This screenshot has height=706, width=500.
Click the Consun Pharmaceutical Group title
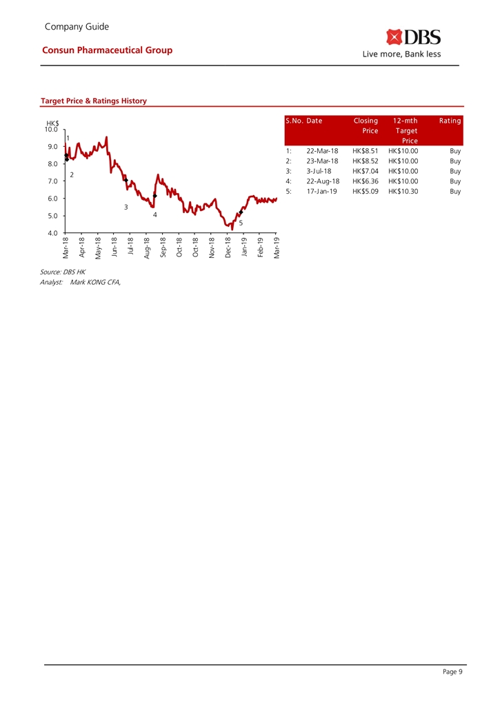point(107,50)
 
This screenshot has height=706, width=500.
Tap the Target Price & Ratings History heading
point(94,101)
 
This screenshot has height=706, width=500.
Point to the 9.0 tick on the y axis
point(52,146)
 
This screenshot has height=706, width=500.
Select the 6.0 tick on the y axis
point(52,199)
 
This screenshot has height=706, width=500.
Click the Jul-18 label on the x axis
point(130,246)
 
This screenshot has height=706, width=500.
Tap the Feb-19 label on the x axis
point(260,246)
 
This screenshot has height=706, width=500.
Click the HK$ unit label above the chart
point(52,123)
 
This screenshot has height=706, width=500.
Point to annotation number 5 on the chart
point(241,223)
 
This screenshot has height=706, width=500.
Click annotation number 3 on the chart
point(126,207)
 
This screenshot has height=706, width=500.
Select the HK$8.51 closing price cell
point(365,150)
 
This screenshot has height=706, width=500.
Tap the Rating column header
point(450,121)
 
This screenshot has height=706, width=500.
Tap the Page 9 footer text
point(452,673)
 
